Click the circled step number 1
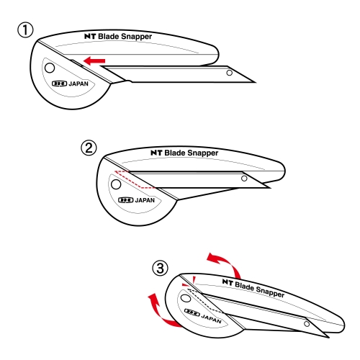click(25, 30)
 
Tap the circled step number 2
click(89, 148)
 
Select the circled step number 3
click(161, 268)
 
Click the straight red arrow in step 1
click(94, 60)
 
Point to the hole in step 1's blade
click(230, 73)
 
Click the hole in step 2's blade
click(244, 179)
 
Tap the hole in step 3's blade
click(307, 324)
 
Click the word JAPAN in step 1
click(78, 84)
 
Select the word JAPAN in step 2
click(145, 200)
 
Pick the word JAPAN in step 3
click(211, 318)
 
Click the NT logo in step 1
click(90, 36)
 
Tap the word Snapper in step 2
click(203, 153)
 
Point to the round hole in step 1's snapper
click(50, 68)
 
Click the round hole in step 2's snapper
click(116, 184)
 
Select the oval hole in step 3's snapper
click(185, 299)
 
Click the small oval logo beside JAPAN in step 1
click(59, 84)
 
